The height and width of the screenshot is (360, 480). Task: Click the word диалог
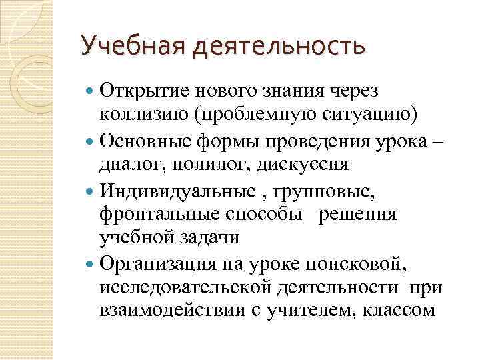(x=127, y=164)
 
